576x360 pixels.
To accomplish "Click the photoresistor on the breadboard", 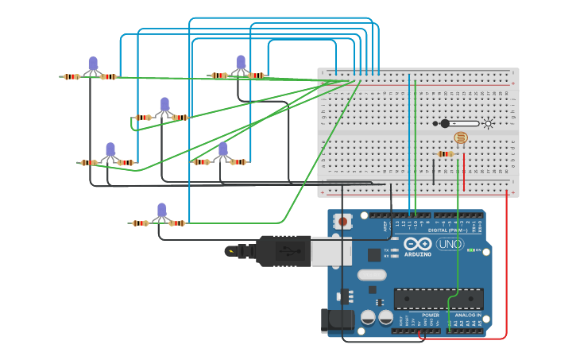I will click(461, 137).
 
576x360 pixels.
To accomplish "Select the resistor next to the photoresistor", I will click(446, 153).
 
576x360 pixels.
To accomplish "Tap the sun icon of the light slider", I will click(488, 123).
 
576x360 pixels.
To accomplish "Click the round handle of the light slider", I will click(445, 123).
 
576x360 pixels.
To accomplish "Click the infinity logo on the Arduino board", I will click(416, 244).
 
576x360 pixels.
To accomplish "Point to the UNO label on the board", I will click(450, 244).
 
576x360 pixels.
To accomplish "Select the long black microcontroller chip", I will click(439, 299).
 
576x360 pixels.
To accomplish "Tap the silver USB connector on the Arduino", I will click(331, 250).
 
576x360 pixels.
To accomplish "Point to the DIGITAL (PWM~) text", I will click(447, 230).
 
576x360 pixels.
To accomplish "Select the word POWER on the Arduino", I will click(431, 315).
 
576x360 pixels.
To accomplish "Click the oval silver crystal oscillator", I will click(371, 275).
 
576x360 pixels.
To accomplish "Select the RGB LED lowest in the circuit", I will click(161, 211).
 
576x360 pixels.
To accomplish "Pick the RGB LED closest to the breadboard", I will click(240, 63).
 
